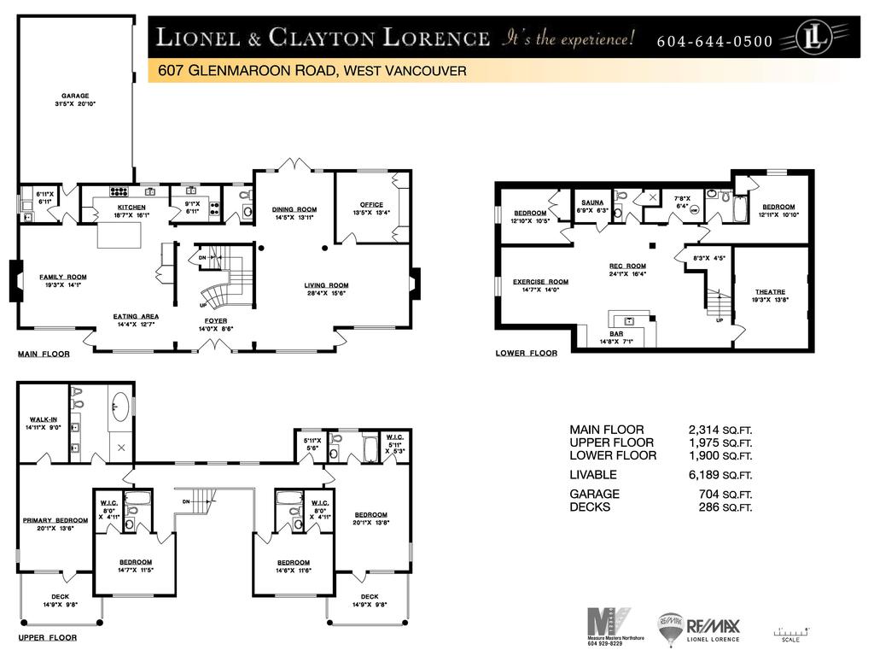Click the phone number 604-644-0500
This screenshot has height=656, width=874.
tap(715, 42)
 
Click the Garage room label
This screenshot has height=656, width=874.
tap(75, 96)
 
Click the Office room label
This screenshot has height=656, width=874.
tap(371, 205)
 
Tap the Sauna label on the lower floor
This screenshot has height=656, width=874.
tap(592, 203)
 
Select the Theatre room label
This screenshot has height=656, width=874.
tap(770, 292)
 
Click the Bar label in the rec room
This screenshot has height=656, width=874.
tap(616, 335)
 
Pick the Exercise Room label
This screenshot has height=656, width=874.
tap(540, 282)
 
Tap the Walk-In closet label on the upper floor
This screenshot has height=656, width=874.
tap(43, 419)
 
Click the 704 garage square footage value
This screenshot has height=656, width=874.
tap(710, 494)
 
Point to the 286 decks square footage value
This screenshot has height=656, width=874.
tap(710, 507)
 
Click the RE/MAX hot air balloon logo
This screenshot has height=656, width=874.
tap(670, 628)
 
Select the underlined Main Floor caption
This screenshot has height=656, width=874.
tap(44, 354)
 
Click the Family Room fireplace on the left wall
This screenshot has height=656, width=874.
tap(15, 280)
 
